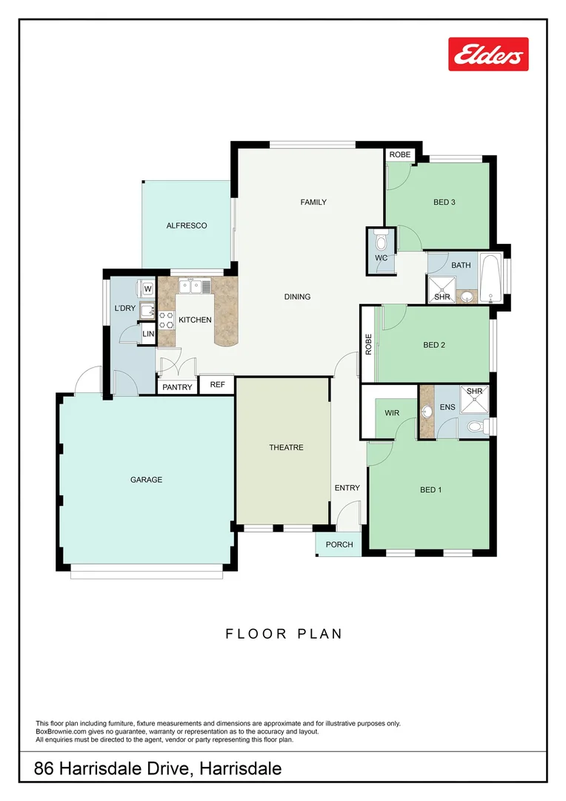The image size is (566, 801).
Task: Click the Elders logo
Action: [488, 54]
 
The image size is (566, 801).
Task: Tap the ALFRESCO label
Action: [187, 225]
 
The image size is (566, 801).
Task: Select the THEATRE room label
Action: [286, 447]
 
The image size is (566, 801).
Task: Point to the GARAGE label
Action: [146, 480]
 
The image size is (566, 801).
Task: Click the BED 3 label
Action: [444, 202]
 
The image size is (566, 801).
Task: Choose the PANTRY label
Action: [177, 387]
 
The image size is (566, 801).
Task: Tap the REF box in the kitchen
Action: [217, 385]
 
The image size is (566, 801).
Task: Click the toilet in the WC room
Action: [382, 241]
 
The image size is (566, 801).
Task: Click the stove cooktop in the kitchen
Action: [166, 320]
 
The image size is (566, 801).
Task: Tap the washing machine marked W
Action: [147, 289]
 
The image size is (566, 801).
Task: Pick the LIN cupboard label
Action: [148, 334]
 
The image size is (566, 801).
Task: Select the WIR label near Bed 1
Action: [392, 412]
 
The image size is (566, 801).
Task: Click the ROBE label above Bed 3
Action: [400, 154]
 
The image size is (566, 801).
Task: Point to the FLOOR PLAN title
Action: [284, 633]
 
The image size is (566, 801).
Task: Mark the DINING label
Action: [297, 297]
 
